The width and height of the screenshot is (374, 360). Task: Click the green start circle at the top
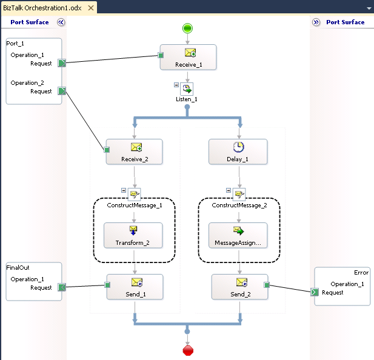[187, 28]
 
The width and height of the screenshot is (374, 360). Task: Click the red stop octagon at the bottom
[187, 351]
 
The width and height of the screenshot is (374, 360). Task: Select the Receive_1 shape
[188, 58]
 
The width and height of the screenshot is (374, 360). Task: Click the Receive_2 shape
[135, 152]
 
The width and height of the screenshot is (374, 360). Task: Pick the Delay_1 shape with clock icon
[238, 152]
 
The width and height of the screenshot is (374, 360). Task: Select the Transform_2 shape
[133, 235]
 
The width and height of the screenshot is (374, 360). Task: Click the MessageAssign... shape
[238, 235]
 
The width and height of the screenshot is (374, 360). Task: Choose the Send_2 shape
[239, 287]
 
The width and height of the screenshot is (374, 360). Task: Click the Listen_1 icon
[187, 88]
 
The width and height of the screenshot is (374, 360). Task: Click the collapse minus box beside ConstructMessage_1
[124, 190]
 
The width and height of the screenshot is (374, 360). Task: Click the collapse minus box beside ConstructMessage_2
[229, 190]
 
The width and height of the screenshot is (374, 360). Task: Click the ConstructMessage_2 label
[239, 205]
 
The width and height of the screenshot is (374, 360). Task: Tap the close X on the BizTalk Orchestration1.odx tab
[90, 8]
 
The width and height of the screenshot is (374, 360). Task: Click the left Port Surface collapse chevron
[61, 22]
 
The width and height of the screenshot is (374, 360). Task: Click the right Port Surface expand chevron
[316, 22]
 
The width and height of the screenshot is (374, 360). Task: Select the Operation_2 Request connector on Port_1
[62, 91]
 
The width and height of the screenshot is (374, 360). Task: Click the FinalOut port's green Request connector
[62, 287]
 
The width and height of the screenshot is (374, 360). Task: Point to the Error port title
[361, 273]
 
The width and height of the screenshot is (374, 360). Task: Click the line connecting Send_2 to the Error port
[290, 288]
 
